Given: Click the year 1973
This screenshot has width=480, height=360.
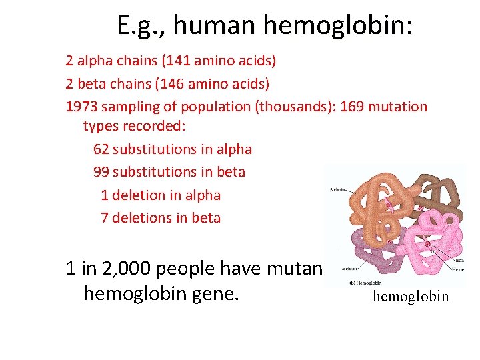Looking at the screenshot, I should click(81, 107).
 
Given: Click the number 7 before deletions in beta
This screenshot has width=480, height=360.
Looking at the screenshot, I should click(105, 218).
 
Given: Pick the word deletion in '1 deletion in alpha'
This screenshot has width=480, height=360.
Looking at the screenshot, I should click(139, 195).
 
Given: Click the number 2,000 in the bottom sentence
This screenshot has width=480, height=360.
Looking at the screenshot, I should click(127, 269).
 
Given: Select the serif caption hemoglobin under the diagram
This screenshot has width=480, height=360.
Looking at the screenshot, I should click(411, 296).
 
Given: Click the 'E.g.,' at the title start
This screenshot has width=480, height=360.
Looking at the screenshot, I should click(139, 25).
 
